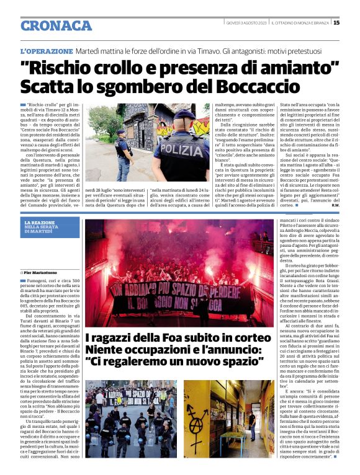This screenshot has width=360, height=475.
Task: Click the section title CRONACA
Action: pyautogui.click(x=56, y=25)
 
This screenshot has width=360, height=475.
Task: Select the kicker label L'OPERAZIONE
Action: pyautogui.click(x=47, y=51)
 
